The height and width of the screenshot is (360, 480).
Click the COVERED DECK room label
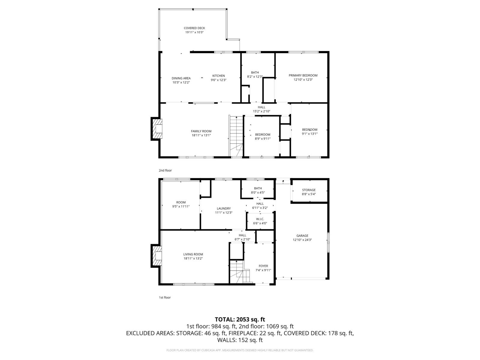tap(194, 28)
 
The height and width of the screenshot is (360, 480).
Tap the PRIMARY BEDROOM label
tap(303, 76)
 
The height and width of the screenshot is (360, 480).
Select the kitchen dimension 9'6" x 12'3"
tap(218, 80)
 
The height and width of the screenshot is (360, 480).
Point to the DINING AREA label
tap(181, 78)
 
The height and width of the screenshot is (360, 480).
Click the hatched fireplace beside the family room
tap(157, 128)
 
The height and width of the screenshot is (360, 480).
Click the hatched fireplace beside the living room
tap(157, 256)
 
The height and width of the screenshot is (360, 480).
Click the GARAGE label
tap(302, 236)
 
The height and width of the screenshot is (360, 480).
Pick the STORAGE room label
tap(309, 190)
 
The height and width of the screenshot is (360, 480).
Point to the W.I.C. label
tap(260, 219)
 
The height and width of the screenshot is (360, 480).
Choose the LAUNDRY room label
tap(223, 208)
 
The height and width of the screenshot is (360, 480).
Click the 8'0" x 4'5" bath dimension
tap(258, 193)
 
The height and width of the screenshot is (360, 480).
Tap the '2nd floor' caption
tap(165, 170)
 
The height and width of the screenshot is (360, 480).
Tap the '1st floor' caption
tap(165, 298)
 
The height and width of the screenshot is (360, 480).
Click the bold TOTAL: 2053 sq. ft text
tap(240, 319)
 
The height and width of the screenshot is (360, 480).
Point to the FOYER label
tap(263, 266)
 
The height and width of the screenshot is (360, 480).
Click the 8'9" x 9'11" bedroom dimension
tap(262, 139)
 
